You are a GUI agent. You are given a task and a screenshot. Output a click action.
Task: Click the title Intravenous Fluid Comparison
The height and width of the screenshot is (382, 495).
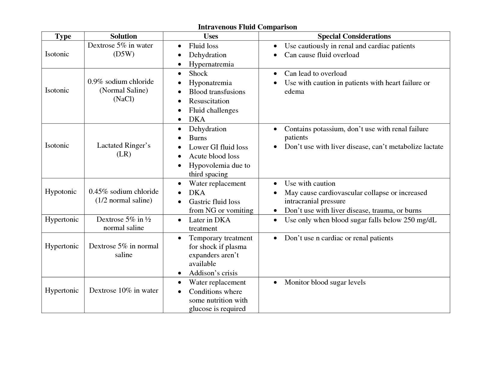tap(247, 27)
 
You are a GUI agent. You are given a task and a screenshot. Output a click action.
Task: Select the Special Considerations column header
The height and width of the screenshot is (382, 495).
tap(354, 36)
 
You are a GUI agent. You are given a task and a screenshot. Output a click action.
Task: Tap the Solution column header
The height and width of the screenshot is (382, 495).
tap(123, 36)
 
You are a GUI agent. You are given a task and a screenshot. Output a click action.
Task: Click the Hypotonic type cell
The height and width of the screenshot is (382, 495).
tap(61, 191)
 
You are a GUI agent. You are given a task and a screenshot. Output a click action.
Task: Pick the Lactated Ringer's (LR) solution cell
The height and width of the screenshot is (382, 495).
tap(123, 150)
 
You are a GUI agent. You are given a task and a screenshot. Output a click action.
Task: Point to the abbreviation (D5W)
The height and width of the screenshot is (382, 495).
tap(123, 54)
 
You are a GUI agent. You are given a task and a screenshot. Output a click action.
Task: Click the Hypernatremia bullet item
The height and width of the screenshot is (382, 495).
tap(211, 64)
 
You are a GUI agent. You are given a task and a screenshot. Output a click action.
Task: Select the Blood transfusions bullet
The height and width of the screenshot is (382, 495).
tap(217, 92)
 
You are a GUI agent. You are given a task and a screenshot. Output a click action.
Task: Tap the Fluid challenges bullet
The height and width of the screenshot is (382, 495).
tap(213, 110)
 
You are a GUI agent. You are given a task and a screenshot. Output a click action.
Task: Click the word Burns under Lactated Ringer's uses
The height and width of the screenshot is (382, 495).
tap(198, 138)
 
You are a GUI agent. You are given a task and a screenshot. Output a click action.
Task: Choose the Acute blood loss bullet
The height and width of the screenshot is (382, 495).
tap(214, 156)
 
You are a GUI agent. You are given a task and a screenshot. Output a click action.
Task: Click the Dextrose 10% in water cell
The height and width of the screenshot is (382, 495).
tap(123, 290)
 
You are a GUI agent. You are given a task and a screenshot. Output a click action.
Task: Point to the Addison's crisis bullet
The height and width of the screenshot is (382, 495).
tap(213, 273)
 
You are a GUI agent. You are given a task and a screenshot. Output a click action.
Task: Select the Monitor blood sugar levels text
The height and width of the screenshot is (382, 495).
tap(325, 282)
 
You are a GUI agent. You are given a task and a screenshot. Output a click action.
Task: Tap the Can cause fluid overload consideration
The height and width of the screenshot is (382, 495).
tap(322, 55)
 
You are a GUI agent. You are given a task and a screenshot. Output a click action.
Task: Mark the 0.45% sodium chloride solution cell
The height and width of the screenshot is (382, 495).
tap(123, 196)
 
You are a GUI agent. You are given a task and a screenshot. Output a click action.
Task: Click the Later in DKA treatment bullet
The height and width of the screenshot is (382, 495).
tap(209, 224)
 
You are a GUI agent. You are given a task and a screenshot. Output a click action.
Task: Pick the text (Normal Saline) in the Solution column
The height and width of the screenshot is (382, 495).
tap(123, 90)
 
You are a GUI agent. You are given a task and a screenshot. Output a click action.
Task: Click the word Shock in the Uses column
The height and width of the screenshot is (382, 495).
tap(198, 73)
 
